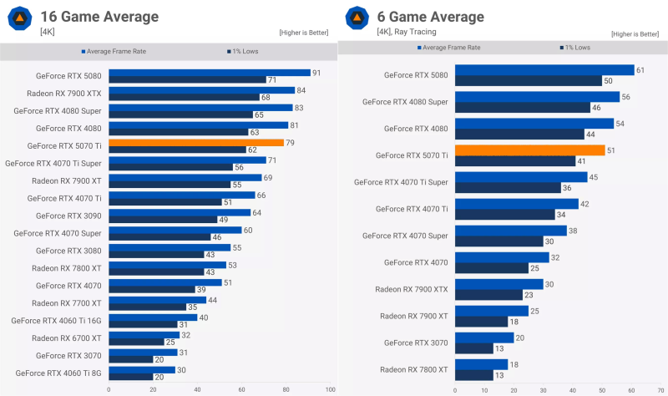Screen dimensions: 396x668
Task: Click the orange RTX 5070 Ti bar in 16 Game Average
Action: [196, 142]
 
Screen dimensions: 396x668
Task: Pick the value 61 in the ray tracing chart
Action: [640, 70]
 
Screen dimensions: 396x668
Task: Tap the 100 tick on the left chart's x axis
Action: [330, 388]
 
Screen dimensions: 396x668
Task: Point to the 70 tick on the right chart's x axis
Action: [660, 388]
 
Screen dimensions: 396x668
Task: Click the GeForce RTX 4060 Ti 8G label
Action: [58, 373]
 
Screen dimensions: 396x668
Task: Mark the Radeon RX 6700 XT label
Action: [67, 338]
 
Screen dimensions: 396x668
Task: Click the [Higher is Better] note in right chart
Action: [636, 33]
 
